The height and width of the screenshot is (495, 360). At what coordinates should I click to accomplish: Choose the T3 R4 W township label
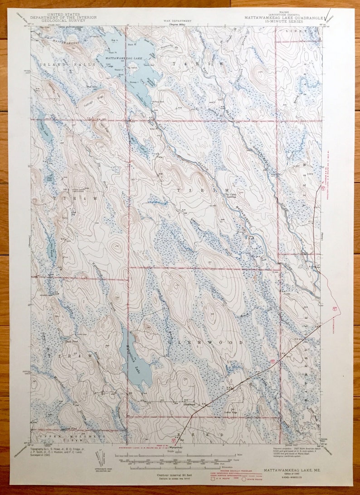pyautogui.click(x=76, y=199)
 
